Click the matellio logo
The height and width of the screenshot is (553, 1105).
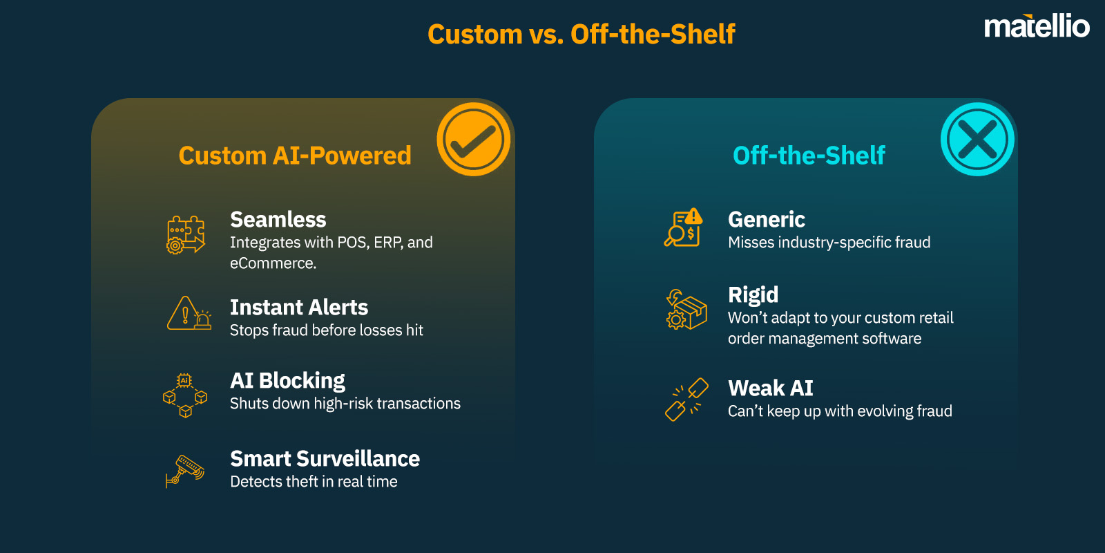(x=1036, y=27)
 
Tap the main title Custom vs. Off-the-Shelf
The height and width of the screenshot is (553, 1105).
(x=581, y=34)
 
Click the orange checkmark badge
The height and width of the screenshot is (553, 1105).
(x=473, y=139)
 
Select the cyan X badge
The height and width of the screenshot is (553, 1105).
(x=977, y=139)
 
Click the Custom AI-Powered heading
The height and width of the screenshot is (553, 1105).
(x=295, y=156)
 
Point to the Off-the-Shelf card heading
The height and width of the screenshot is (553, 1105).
(x=809, y=156)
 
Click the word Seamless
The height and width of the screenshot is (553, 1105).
(x=278, y=220)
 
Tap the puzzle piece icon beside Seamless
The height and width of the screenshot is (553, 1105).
(x=186, y=234)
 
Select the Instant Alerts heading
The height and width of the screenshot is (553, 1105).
(x=298, y=307)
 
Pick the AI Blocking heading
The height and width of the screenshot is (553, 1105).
(x=287, y=380)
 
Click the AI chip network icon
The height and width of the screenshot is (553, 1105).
(x=185, y=395)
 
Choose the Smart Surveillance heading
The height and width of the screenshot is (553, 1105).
(x=325, y=458)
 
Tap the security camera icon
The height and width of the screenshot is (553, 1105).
(x=185, y=471)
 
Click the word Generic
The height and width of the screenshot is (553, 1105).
(x=767, y=220)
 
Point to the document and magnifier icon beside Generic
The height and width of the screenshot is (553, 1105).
(x=684, y=227)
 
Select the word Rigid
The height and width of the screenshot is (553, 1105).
(x=753, y=295)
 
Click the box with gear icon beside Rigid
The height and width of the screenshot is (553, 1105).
(x=686, y=309)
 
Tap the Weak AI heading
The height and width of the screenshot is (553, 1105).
(x=770, y=388)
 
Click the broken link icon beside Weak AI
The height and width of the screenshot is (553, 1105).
(x=686, y=399)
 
